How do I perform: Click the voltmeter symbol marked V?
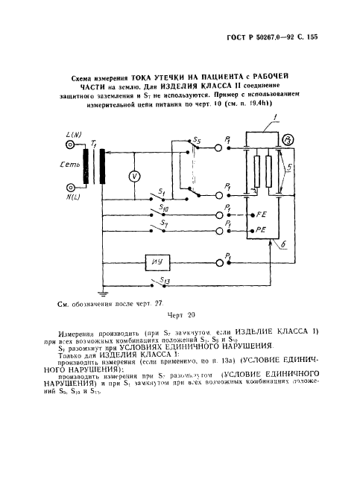coord(135,176)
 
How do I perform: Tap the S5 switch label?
coord(197,141)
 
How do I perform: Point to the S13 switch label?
coord(165,279)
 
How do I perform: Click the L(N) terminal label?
coord(74,136)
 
